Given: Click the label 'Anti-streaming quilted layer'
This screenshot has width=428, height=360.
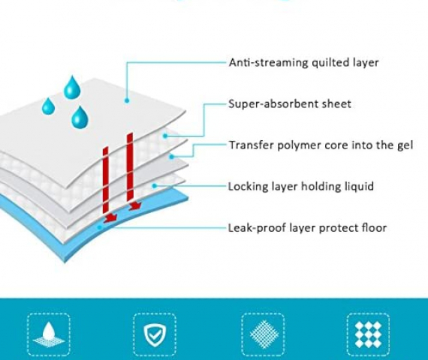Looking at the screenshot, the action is (x=304, y=63).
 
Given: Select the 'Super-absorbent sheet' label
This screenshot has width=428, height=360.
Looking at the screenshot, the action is (x=290, y=104).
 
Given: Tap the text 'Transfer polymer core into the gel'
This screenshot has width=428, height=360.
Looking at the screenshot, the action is (x=321, y=145).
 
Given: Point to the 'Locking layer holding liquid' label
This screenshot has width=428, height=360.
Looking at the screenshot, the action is (x=301, y=187).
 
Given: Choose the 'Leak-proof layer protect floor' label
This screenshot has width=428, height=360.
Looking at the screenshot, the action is (x=307, y=228).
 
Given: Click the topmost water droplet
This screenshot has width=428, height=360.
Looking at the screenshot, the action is (x=72, y=87).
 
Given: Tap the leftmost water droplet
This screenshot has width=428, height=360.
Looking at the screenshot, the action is (x=48, y=106).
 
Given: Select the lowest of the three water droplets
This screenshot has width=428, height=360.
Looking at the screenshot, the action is (x=80, y=118).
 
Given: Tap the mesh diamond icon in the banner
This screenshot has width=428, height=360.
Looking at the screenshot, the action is (x=264, y=334).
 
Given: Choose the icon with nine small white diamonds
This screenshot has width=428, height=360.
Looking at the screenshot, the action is (x=368, y=334).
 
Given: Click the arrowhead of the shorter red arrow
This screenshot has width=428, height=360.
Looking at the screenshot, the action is (x=110, y=217).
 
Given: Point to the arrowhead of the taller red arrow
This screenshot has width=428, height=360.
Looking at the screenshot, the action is (x=135, y=205).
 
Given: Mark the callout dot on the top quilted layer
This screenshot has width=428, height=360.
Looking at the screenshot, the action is (x=127, y=100).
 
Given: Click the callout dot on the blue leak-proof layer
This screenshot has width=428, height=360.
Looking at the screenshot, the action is (x=100, y=227).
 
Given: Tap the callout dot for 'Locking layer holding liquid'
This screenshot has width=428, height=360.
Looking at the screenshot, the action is (x=155, y=186).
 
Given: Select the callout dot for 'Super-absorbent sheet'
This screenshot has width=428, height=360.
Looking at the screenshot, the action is (x=165, y=136).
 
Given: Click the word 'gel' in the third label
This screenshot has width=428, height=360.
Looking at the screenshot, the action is (x=405, y=145).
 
